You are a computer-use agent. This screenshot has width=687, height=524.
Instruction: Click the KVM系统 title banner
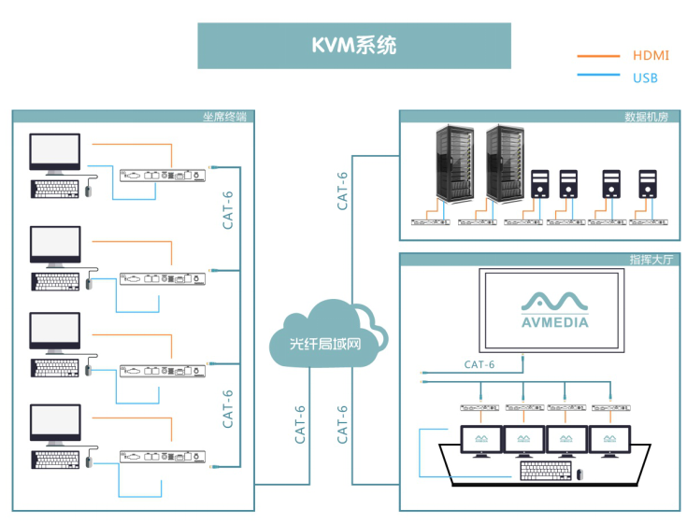(x=353, y=46)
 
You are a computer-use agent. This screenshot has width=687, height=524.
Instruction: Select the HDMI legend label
(x=651, y=55)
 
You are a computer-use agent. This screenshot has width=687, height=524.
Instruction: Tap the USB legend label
(x=645, y=78)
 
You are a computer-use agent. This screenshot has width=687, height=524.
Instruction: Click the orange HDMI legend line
(x=598, y=55)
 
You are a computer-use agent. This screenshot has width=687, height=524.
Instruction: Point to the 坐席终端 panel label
(x=223, y=117)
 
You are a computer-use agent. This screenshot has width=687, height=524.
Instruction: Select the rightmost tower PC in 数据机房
(x=648, y=184)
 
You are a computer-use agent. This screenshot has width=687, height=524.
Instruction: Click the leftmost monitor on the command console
(x=481, y=439)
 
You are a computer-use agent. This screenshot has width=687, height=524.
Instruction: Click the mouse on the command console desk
(x=580, y=474)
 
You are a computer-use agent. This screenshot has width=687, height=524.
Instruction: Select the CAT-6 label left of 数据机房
(x=343, y=190)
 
